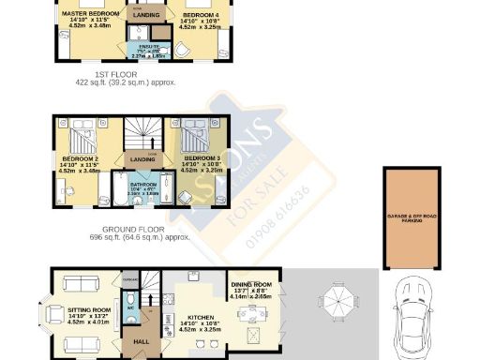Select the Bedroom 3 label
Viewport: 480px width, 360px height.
tap(201, 157)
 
